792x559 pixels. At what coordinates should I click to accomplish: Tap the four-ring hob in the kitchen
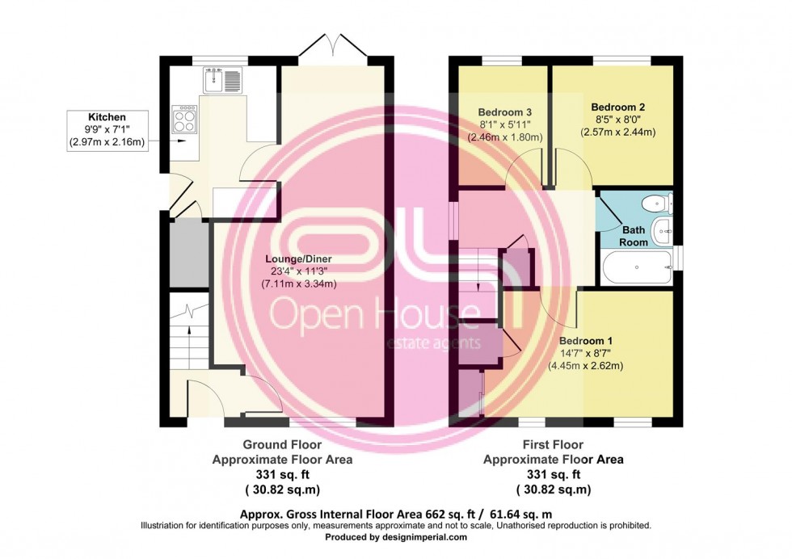(184, 119)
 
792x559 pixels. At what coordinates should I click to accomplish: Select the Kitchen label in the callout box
(107, 117)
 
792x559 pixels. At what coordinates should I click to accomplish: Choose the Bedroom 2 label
(617, 107)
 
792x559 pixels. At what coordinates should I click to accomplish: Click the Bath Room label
(634, 236)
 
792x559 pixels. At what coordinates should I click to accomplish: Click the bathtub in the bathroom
(636, 266)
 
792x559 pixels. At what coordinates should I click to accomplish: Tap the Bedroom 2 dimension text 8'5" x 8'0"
(617, 120)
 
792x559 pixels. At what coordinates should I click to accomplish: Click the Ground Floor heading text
(282, 445)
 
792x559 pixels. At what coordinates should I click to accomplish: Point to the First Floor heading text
(554, 445)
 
